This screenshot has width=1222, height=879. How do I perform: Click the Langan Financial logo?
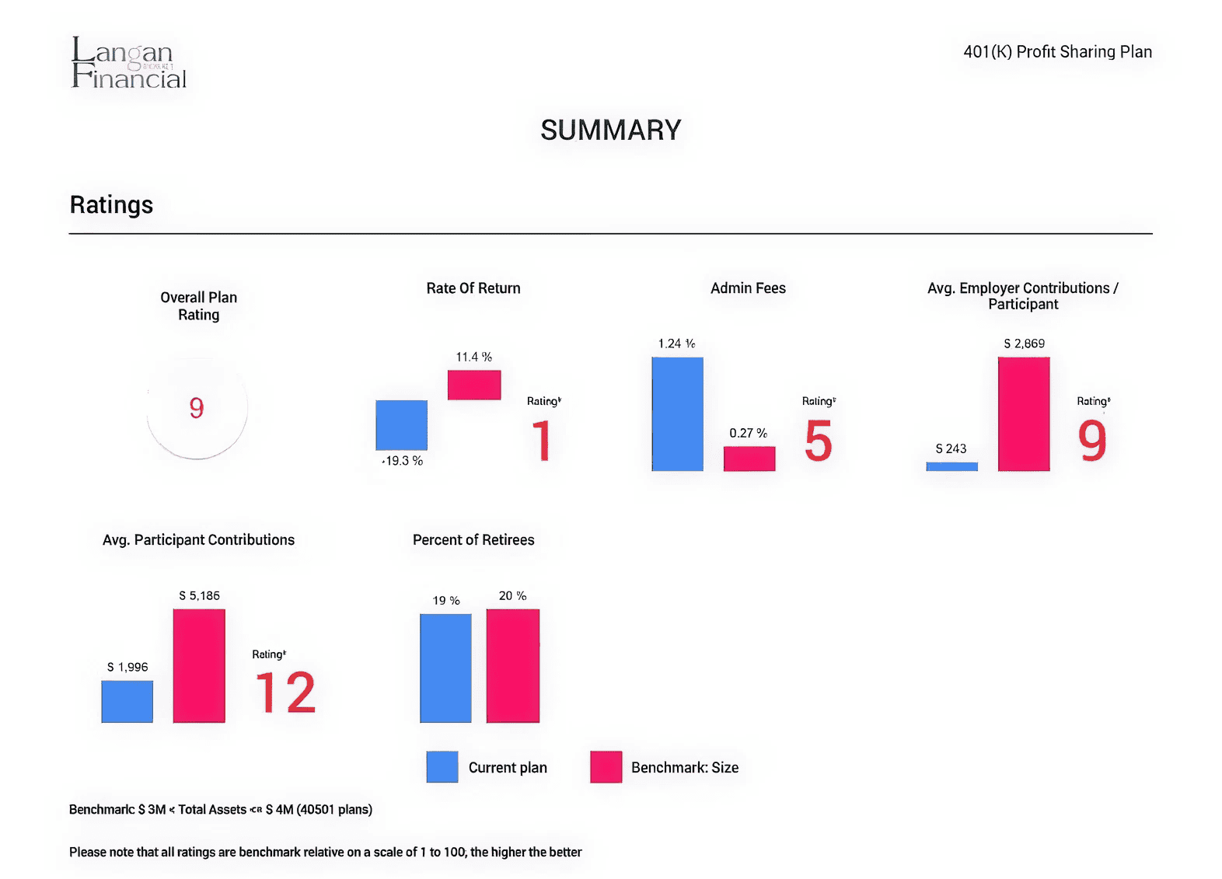click(128, 63)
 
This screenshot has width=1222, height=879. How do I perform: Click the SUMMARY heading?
click(611, 130)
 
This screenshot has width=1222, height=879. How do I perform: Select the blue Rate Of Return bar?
click(401, 425)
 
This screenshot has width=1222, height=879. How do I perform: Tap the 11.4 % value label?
click(473, 357)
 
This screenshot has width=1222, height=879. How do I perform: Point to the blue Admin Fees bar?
click(677, 413)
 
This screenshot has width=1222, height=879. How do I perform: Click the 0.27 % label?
click(748, 433)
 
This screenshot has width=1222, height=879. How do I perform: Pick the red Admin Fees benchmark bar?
click(749, 459)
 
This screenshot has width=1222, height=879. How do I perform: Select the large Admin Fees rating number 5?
click(819, 441)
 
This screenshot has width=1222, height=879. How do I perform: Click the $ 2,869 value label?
click(1024, 344)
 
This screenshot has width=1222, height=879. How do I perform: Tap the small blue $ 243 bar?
click(951, 466)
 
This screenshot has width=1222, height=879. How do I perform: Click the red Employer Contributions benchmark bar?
click(1024, 413)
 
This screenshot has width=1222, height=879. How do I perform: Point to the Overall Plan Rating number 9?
click(197, 408)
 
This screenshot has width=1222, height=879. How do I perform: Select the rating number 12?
click(285, 692)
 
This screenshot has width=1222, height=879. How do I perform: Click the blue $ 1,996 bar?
click(127, 701)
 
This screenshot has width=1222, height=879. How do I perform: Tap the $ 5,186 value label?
click(199, 596)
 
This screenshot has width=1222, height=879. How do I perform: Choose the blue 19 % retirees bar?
click(445, 668)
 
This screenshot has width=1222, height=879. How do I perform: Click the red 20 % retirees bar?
click(512, 665)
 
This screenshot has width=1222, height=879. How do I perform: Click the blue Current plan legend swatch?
click(442, 767)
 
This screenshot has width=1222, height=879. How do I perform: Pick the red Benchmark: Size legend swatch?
click(606, 767)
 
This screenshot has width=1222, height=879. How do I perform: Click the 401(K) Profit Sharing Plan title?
click(1057, 52)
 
